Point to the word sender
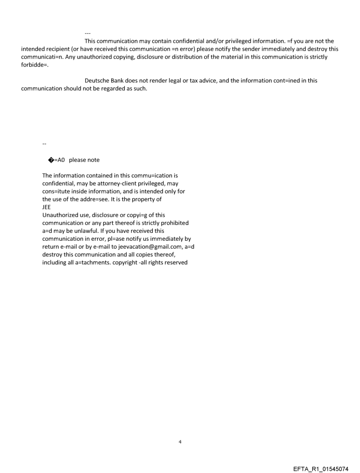[252, 48]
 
